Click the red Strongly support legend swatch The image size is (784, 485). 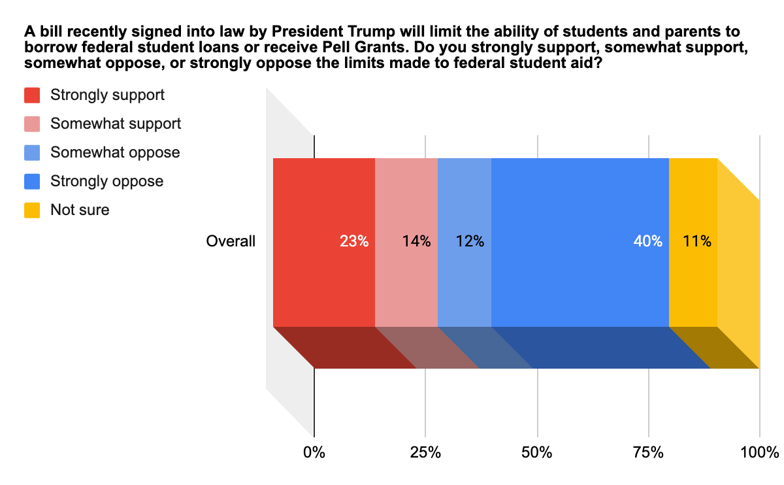click(33, 95)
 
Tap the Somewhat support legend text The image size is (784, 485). click(116, 124)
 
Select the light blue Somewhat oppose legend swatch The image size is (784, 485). click(33, 153)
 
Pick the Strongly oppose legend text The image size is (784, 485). click(106, 181)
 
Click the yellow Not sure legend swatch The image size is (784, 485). click(33, 210)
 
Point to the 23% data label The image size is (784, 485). click(354, 241)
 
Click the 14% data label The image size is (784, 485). click(416, 241)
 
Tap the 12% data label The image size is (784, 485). click(470, 241)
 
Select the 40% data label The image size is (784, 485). click(647, 241)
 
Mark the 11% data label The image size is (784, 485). click(697, 241)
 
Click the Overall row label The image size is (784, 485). click(231, 241)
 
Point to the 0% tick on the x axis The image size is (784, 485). click(314, 452)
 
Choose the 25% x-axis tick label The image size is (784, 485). click(425, 452)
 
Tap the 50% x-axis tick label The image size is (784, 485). click(537, 452)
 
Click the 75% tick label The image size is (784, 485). click(649, 452)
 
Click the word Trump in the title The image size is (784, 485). click(343, 31)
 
